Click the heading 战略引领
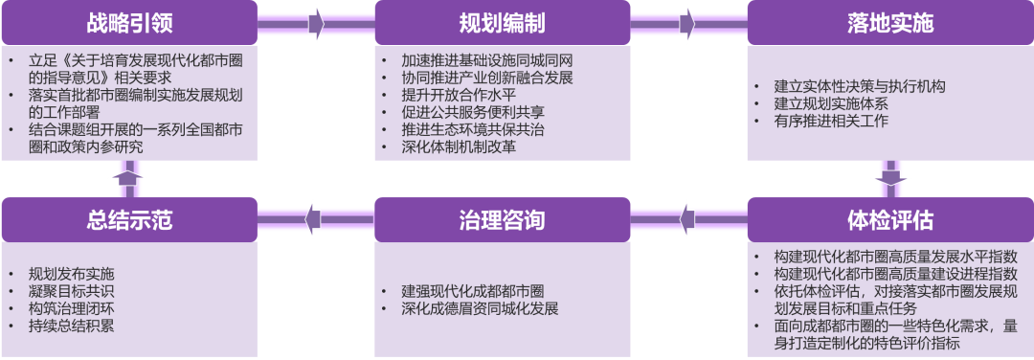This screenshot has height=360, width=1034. (x=129, y=22)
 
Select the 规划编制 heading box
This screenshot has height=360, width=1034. (x=502, y=22)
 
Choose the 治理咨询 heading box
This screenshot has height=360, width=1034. (x=502, y=220)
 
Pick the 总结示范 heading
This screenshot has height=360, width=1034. (x=129, y=220)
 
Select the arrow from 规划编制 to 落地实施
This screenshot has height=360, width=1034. (x=686, y=22)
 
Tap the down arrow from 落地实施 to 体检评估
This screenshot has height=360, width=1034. (x=889, y=178)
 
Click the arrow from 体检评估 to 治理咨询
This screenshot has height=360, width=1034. (x=686, y=219)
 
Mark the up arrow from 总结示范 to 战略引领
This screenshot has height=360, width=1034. (x=128, y=178)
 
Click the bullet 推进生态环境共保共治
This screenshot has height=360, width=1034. (x=472, y=130)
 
